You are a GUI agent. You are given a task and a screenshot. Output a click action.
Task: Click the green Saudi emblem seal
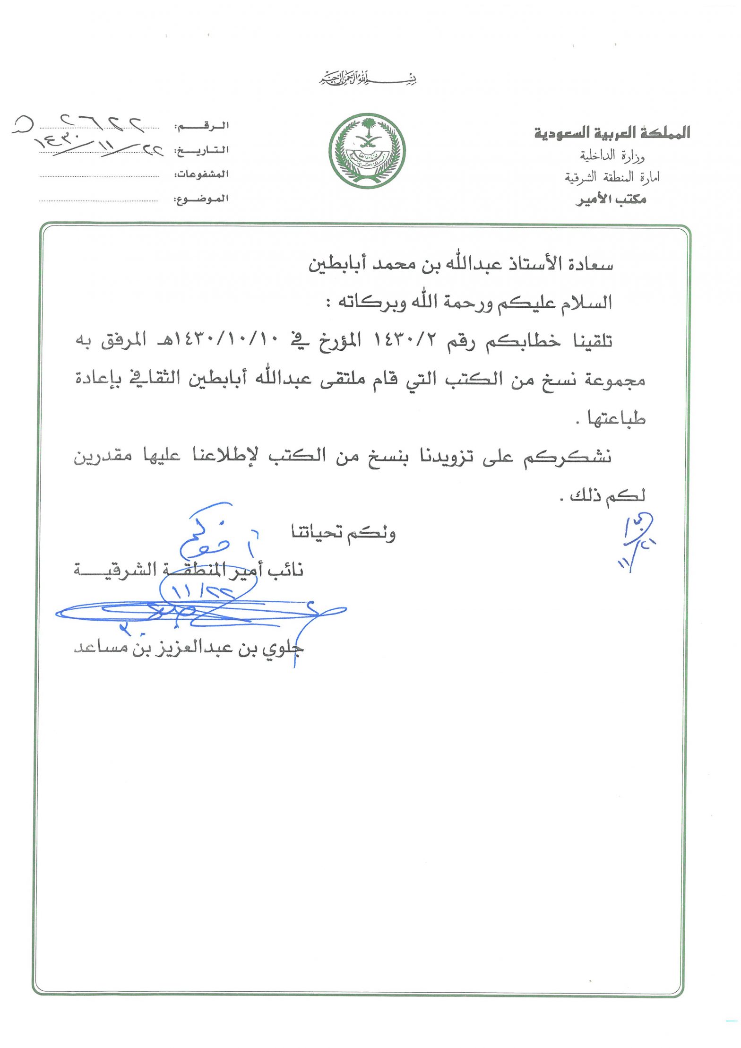pos(367,151)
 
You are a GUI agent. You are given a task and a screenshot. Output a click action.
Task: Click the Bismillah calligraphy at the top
pos(368,78)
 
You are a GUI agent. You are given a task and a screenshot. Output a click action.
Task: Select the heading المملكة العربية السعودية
pos(612,133)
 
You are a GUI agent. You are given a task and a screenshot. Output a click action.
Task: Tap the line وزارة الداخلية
pos(612,156)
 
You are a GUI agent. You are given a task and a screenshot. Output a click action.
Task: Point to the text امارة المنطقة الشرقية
pos(612,177)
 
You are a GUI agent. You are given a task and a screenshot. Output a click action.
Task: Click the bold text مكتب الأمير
pos(611,199)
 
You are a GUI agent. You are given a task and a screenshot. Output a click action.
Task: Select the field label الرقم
pos(202,126)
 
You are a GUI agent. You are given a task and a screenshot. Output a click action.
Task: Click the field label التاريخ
pos(202,150)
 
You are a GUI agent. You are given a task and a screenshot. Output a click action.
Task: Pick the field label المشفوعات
pos(202,174)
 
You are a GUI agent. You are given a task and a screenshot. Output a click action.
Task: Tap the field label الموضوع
pos(202,199)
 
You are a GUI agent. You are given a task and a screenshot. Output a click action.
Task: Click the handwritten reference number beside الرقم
pos(80,124)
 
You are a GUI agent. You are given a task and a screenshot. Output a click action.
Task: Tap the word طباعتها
pos(616,418)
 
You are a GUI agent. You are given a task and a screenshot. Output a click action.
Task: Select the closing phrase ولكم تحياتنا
pos(344,533)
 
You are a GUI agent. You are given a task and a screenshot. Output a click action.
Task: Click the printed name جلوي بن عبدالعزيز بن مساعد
pos(189,648)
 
